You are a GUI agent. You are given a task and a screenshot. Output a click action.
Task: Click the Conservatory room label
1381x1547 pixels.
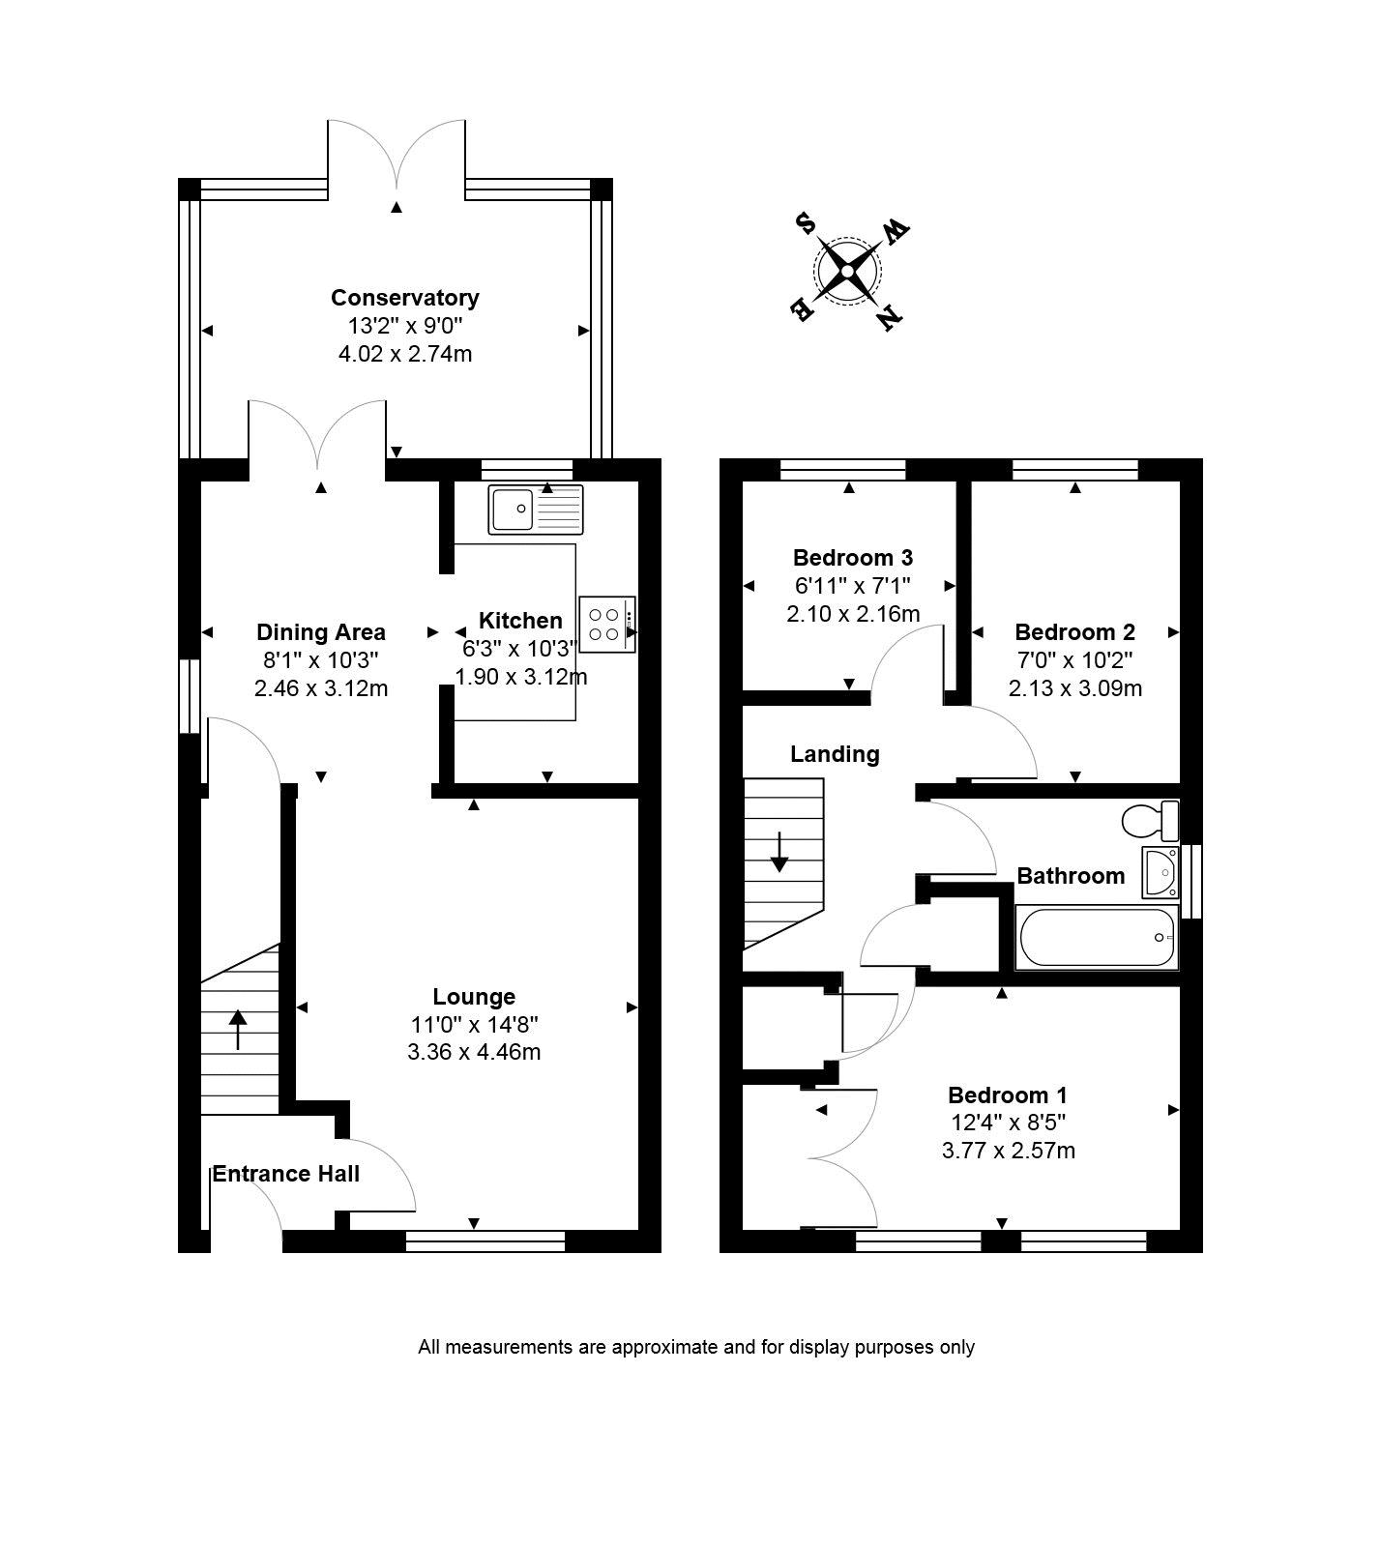(x=404, y=298)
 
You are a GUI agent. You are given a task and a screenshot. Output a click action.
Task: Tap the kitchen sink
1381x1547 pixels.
(x=537, y=510)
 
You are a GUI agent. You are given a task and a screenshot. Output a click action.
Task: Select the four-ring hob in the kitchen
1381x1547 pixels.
(x=608, y=625)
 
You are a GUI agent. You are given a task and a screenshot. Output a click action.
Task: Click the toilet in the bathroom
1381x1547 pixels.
(x=1151, y=821)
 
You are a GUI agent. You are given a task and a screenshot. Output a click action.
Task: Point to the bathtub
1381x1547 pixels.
(x=1097, y=938)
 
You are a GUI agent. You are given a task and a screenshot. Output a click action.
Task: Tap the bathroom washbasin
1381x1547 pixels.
(x=1161, y=872)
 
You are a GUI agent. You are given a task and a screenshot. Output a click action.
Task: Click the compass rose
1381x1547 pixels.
(x=848, y=272)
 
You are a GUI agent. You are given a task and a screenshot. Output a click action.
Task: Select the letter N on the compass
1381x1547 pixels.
(x=890, y=315)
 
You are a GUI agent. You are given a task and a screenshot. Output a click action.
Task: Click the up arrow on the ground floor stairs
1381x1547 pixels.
(x=238, y=1030)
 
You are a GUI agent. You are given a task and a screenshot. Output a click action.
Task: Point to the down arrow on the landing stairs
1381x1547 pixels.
(x=779, y=851)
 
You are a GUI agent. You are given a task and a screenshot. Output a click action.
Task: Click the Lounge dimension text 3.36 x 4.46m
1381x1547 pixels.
(x=474, y=1052)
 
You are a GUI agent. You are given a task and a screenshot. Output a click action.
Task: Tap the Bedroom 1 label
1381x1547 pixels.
(x=1008, y=1095)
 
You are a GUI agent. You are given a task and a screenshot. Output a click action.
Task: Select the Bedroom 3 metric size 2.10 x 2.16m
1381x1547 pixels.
(x=853, y=614)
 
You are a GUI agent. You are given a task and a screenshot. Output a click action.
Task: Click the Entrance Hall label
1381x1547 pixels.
(x=286, y=1174)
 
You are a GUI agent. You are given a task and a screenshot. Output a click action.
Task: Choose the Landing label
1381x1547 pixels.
(x=835, y=754)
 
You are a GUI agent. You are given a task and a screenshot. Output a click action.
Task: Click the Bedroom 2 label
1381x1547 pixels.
(x=1074, y=632)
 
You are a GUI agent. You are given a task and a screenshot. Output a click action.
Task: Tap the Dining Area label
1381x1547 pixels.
(x=321, y=632)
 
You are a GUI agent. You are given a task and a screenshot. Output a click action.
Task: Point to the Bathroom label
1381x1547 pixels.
(x=1071, y=876)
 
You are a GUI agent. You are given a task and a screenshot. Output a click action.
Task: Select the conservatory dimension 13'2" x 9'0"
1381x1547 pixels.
(x=404, y=326)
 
